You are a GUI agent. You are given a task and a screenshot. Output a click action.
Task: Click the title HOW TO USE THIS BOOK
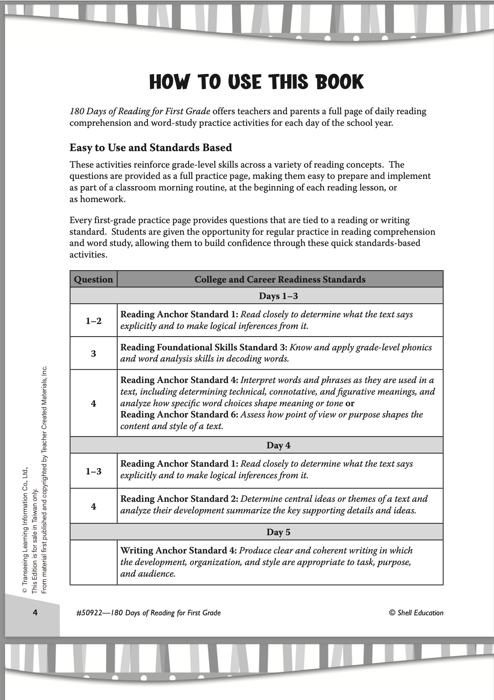256,82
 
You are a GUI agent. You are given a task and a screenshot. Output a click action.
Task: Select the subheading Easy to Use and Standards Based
151,148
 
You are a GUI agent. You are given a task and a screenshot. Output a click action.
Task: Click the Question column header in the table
93,279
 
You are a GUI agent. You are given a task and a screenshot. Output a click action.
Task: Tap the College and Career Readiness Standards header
280,279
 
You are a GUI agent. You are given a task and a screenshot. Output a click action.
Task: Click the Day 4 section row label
278,445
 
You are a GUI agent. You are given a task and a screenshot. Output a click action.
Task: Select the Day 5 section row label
278,532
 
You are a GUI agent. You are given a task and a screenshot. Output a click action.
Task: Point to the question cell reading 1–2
93,320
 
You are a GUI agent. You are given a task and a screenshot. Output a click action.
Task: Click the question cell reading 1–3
93,471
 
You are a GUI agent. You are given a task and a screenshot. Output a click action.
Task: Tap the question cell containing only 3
93,354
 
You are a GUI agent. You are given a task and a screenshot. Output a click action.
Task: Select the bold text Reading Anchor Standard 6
179,415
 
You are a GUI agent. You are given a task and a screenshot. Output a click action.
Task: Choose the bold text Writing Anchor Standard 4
178,551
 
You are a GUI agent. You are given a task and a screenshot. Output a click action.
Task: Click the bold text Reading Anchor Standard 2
179,499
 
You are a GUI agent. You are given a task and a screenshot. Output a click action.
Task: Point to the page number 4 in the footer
35,613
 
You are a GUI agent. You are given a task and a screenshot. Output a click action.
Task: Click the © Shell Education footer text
416,613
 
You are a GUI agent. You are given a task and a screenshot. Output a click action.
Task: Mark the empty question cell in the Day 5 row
93,562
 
